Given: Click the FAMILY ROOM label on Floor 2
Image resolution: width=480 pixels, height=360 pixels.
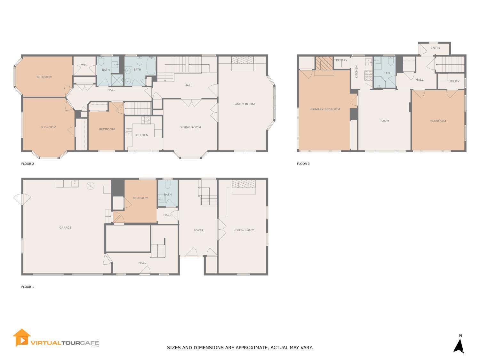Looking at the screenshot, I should tap(244, 104).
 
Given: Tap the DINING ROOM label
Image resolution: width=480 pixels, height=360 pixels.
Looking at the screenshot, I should tap(190, 127).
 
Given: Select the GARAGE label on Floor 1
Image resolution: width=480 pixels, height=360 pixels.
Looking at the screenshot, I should tap(65, 228).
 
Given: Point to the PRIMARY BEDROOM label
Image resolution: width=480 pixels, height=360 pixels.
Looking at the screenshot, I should tap(325, 109).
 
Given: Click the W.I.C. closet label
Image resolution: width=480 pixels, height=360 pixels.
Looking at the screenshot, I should tap(84, 65).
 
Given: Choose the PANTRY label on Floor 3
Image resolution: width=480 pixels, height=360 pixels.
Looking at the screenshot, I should tap(341, 60).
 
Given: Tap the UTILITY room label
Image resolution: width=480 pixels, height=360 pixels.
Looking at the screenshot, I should tap(454, 81).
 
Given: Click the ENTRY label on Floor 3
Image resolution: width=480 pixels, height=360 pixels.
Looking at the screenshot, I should tap(435, 48).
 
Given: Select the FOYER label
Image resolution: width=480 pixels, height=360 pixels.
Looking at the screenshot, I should tap(198, 230).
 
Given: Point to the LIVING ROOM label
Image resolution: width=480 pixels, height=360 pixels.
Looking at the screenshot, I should tap(244, 230).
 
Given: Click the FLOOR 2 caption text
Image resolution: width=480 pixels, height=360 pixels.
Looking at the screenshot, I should tap(28, 164).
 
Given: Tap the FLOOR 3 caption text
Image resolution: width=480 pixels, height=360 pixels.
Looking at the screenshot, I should tap(303, 164).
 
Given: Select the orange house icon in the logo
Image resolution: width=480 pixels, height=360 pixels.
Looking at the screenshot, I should tap(21, 338).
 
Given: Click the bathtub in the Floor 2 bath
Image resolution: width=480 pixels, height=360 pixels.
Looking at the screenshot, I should tap(151, 66).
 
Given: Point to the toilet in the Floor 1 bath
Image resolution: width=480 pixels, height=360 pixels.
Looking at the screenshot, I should tap(168, 185).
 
